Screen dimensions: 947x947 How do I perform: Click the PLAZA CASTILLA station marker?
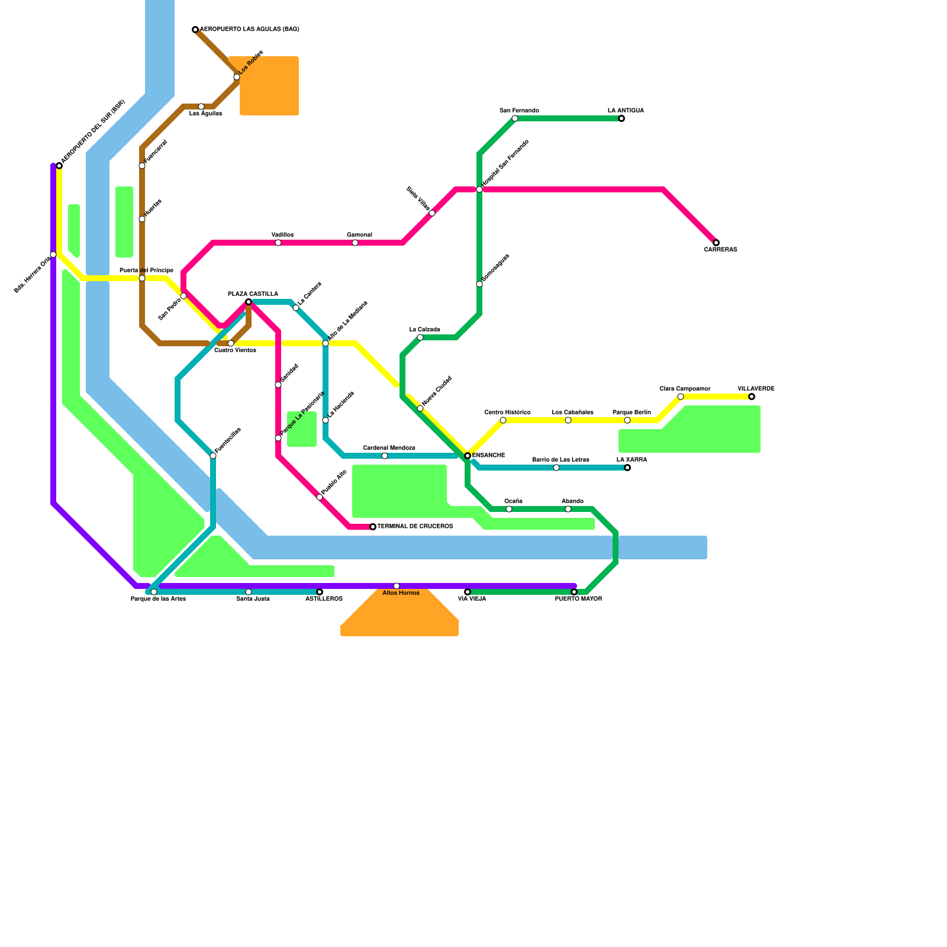(249, 302)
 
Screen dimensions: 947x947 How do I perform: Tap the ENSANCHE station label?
(488, 456)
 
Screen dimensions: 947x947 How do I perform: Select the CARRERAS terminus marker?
(716, 243)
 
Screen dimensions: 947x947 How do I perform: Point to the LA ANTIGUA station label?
(626, 111)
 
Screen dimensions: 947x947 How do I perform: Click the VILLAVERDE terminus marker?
(752, 397)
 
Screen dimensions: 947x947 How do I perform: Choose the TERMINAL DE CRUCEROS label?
(415, 527)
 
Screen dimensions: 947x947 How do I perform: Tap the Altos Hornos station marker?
(397, 586)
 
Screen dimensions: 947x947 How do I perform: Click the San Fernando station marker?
(515, 118)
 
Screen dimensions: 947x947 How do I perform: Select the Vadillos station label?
(282, 235)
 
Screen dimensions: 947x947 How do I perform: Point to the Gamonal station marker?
(355, 243)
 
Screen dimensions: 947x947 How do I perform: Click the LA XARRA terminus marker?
(627, 468)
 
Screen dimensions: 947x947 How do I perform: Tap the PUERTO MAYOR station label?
(578, 599)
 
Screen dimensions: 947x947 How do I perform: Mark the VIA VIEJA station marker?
(468, 592)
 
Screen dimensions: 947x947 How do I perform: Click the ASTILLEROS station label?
(324, 599)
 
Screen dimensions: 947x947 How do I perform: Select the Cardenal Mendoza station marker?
(385, 456)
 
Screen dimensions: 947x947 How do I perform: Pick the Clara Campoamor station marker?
(681, 397)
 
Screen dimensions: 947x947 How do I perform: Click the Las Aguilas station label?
(205, 114)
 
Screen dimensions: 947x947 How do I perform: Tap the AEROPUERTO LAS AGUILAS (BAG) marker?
(195, 30)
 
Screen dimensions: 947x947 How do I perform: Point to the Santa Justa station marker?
(249, 592)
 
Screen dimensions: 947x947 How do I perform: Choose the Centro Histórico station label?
(507, 413)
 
